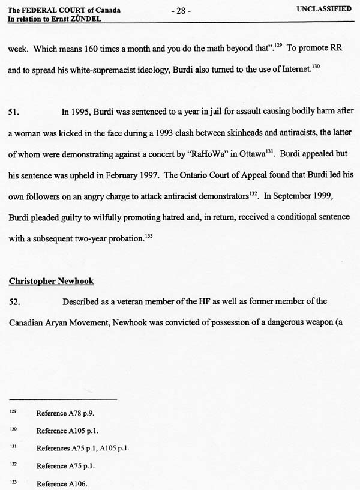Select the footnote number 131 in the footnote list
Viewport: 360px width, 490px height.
tap(13, 447)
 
